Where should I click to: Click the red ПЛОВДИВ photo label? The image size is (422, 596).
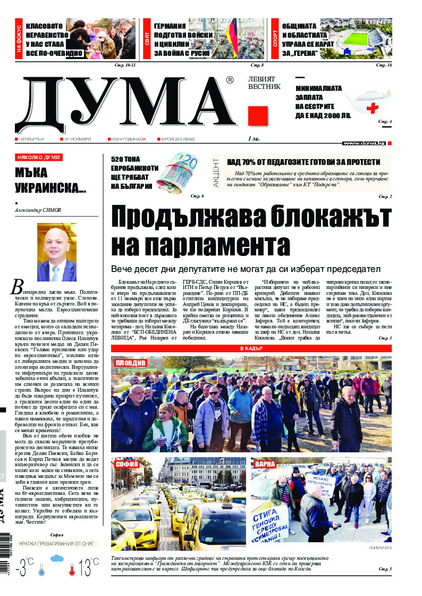(130, 363)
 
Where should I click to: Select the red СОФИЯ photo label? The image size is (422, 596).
(126, 464)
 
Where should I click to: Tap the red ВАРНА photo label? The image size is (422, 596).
(265, 464)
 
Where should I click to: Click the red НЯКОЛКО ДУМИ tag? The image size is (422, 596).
(39, 158)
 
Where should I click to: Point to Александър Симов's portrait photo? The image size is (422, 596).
(57, 252)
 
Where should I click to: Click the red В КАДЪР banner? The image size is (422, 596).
(251, 348)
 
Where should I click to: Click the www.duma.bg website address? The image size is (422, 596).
(364, 143)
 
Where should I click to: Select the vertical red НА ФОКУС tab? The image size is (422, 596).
(19, 39)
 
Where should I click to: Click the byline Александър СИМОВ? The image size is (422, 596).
(38, 210)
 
